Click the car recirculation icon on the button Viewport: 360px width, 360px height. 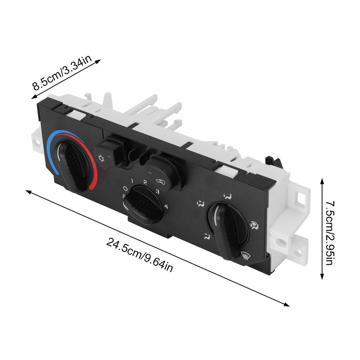point(160,182)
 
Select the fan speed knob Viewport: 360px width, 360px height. point(144,204)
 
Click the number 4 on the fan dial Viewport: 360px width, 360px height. point(166,206)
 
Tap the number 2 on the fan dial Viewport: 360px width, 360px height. point(145,183)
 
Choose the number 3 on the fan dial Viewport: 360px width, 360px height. point(158,192)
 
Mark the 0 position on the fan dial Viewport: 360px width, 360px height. point(125,189)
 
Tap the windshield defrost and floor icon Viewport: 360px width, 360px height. point(255,225)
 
